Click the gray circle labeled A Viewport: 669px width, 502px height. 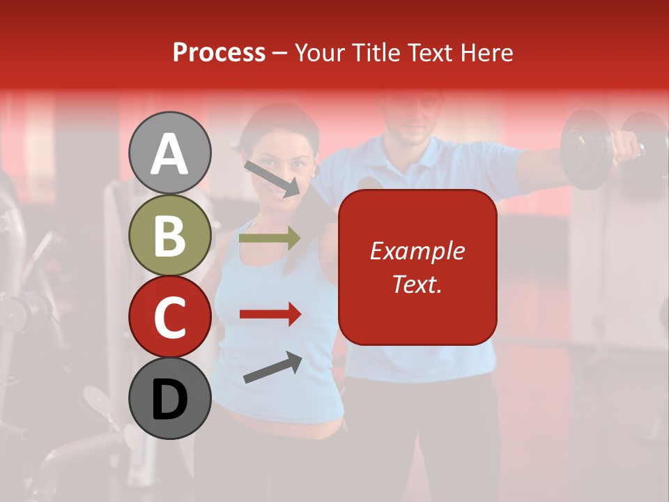point(170,153)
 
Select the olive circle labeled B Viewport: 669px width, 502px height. point(170,235)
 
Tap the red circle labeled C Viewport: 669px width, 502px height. point(170,317)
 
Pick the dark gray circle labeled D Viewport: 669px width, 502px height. point(170,398)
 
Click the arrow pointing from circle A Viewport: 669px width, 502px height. point(272,178)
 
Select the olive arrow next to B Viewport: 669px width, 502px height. point(270,238)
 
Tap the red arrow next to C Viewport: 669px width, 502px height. point(270,314)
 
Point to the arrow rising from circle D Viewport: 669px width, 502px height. point(272,367)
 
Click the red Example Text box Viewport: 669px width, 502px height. point(417,267)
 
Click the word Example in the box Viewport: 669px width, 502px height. point(417,251)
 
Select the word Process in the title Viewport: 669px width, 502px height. point(219,52)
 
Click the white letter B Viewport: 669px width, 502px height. point(170,235)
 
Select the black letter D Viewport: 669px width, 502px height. point(170,400)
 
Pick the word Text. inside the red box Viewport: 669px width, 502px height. point(417,284)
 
